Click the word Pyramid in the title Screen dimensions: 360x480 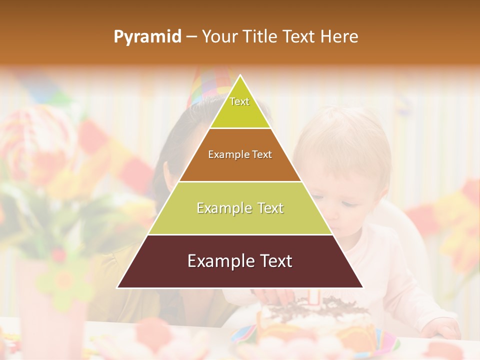[147, 37]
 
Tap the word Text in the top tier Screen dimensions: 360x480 [239, 101]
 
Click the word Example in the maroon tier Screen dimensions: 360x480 [218, 261]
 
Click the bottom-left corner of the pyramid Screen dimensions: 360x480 [118, 287]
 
